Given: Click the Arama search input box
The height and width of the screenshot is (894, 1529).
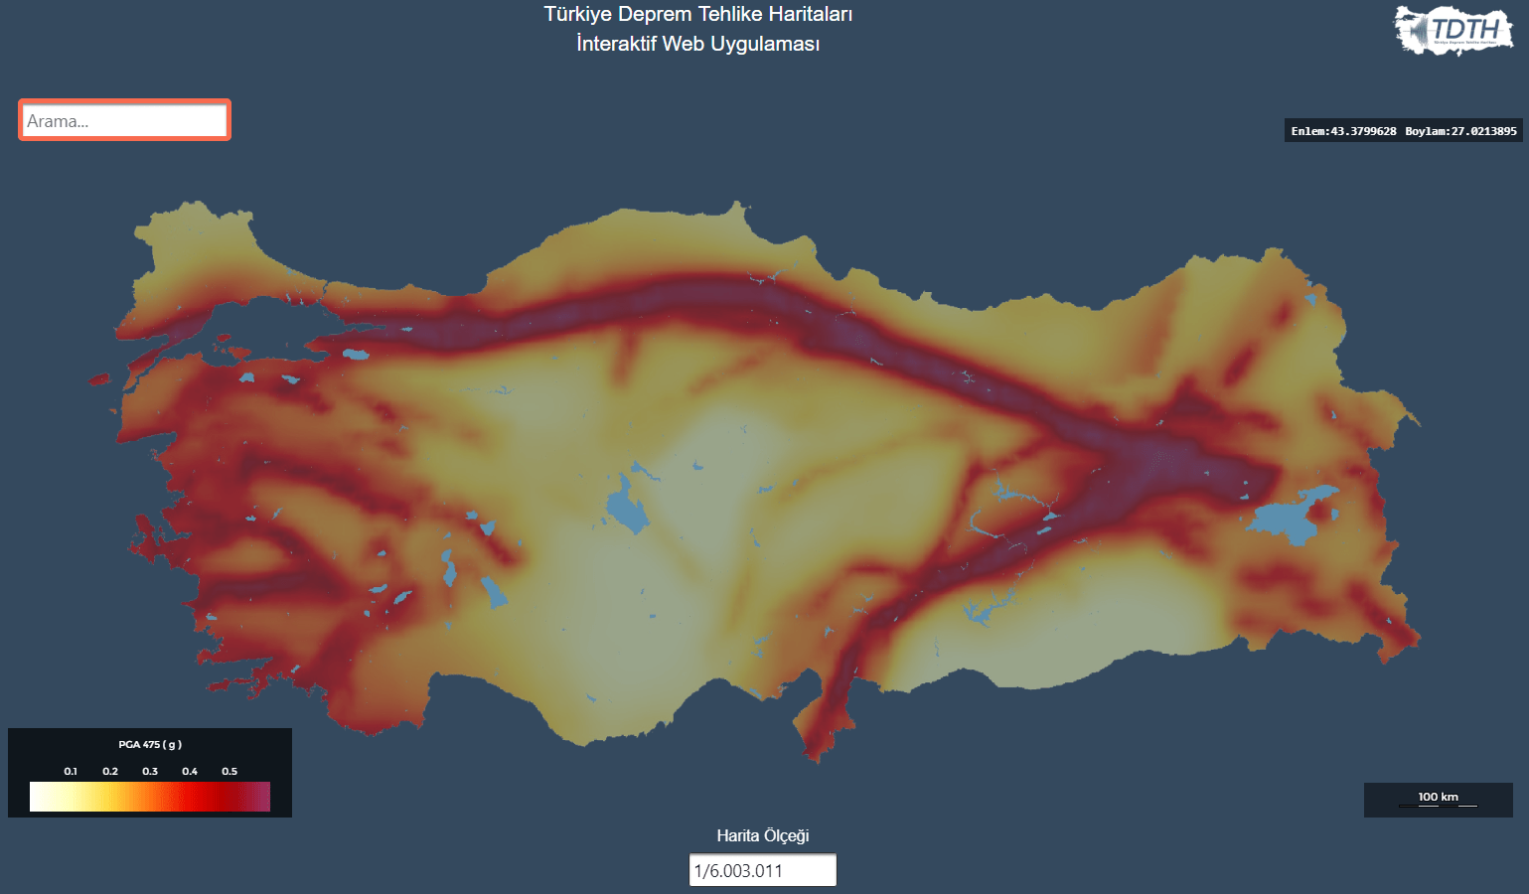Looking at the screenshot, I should click(x=124, y=120).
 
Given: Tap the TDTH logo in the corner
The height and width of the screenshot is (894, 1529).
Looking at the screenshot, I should click(x=1453, y=30).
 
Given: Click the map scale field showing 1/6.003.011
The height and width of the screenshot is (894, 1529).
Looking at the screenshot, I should click(x=762, y=870).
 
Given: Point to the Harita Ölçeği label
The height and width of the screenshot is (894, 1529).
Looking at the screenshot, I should click(x=762, y=835).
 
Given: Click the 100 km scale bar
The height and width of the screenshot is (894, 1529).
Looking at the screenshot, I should click(x=1438, y=800).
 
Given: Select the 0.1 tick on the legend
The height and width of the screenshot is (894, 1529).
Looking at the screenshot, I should click(x=71, y=771).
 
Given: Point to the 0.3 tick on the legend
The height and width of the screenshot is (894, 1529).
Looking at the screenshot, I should click(x=150, y=771).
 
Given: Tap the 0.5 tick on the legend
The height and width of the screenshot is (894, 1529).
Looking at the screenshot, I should click(x=229, y=771).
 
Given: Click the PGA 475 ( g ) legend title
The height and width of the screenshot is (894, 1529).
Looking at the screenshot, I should click(x=150, y=744).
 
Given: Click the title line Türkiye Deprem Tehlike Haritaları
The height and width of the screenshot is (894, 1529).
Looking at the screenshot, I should click(x=697, y=14).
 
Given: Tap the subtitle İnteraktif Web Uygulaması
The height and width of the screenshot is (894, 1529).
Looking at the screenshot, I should click(x=697, y=44).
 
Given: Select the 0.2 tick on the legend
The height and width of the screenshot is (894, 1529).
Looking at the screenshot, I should click(x=110, y=771).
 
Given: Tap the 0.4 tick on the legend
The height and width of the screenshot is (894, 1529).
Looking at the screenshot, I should click(x=190, y=771).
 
